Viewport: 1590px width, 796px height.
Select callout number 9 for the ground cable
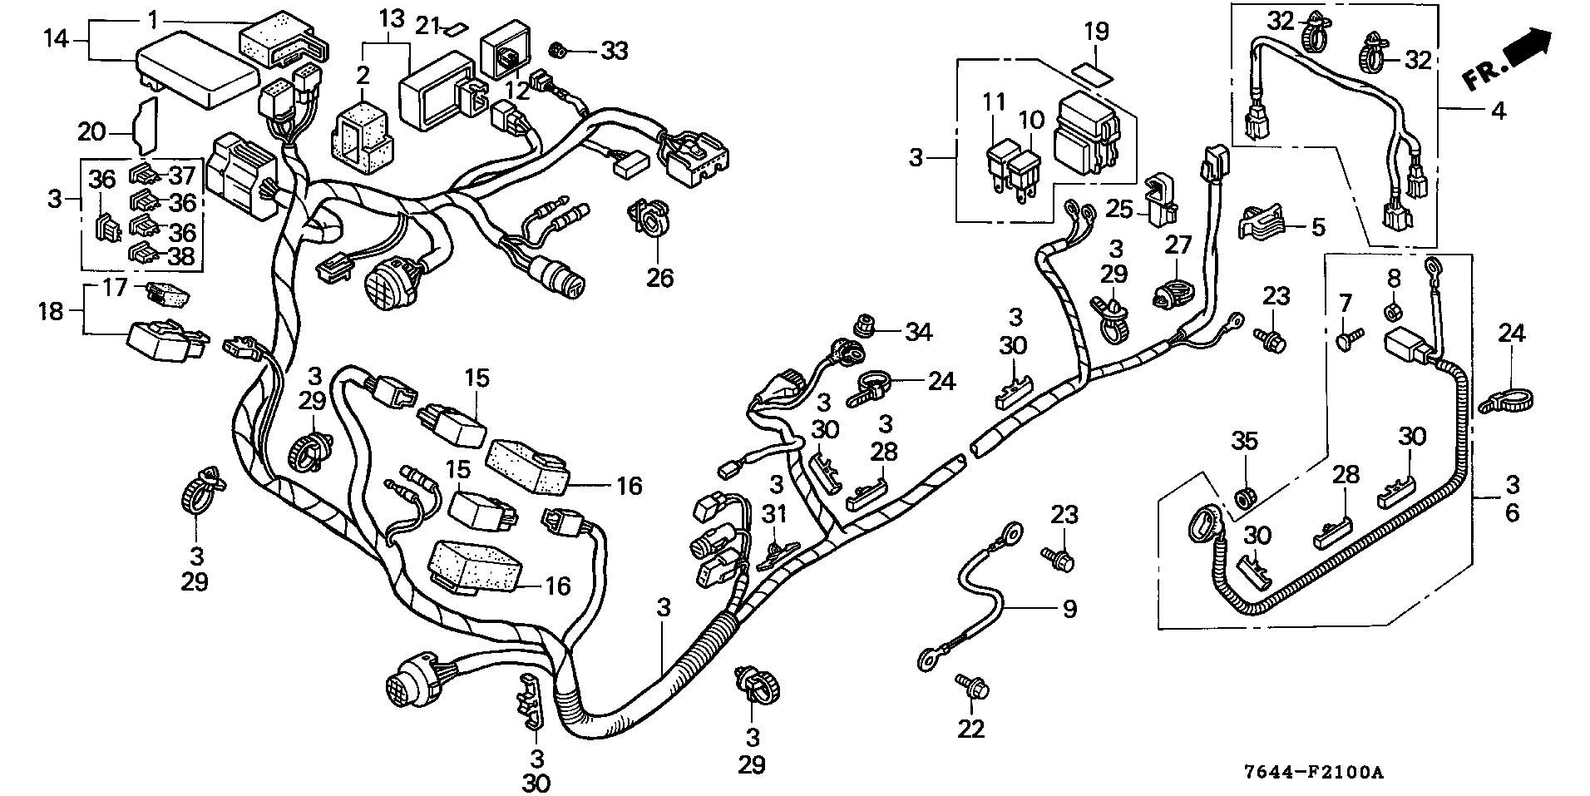click(1069, 610)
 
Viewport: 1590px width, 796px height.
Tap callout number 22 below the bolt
click(970, 729)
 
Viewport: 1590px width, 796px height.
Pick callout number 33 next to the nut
click(615, 52)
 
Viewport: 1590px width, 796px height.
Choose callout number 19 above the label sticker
click(1096, 32)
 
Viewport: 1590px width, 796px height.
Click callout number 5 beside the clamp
click(1317, 226)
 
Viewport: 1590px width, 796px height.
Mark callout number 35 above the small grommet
click(1245, 442)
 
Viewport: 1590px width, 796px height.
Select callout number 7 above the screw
click(1346, 304)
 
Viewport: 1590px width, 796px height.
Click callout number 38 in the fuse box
click(182, 256)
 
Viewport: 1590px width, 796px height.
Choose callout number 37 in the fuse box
click(182, 176)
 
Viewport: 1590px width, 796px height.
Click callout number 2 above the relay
click(363, 76)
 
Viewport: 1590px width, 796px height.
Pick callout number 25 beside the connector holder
click(1120, 209)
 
